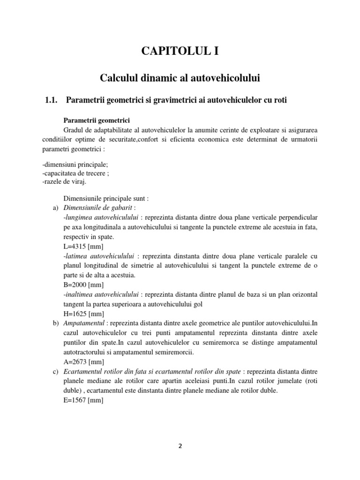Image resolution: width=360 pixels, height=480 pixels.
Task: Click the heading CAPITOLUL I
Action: [x=180, y=52]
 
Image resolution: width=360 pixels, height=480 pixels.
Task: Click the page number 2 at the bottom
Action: [x=180, y=458]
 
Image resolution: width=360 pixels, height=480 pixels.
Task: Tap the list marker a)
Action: [x=53, y=208]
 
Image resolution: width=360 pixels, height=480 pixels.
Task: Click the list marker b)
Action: [x=53, y=323]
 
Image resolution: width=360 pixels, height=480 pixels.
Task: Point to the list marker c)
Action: [x=53, y=371]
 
